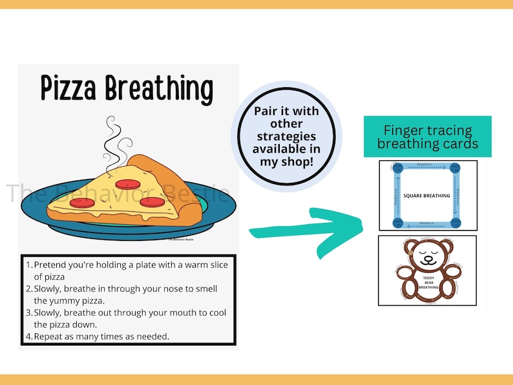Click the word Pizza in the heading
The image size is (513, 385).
tap(70, 88)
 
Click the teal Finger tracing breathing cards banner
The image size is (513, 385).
tap(427, 136)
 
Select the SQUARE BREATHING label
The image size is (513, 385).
tap(427, 195)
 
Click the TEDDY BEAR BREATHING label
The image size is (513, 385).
tap(427, 282)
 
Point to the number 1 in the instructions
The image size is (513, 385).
tap(28, 265)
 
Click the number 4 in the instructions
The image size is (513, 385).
tap(28, 337)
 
